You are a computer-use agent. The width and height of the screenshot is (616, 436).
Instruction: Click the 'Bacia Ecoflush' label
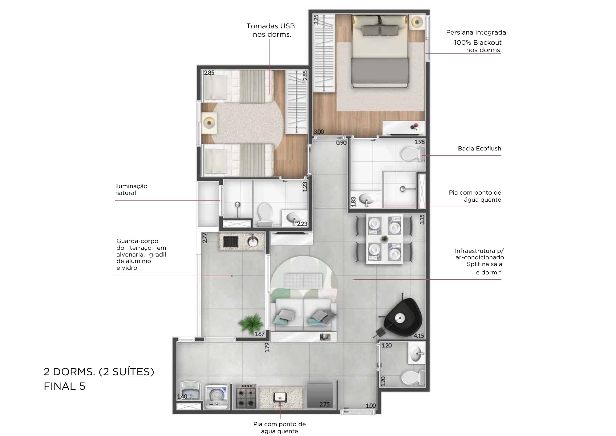click(x=479, y=149)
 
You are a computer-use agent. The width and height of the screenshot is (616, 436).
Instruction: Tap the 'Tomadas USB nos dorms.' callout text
click(x=271, y=30)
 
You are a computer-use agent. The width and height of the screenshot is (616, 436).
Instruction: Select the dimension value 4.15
click(x=419, y=336)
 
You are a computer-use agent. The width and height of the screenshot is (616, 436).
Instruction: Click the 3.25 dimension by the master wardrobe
click(x=316, y=19)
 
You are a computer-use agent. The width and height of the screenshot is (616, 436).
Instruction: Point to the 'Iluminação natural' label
click(x=131, y=189)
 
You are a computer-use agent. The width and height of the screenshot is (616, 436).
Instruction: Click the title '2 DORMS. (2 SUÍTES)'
click(x=99, y=372)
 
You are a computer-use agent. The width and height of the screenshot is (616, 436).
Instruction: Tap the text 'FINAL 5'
click(x=64, y=386)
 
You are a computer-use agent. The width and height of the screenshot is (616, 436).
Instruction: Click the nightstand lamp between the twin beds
click(x=210, y=123)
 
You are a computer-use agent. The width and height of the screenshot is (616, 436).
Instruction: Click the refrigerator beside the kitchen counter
click(x=320, y=396)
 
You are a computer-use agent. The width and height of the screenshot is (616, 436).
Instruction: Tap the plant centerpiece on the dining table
click(x=384, y=238)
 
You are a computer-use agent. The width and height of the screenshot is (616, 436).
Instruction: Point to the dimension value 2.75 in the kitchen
click(x=325, y=404)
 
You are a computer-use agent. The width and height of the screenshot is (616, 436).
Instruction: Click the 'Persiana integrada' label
click(x=476, y=32)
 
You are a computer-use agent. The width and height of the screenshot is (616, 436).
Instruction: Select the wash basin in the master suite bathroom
click(x=367, y=199)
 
